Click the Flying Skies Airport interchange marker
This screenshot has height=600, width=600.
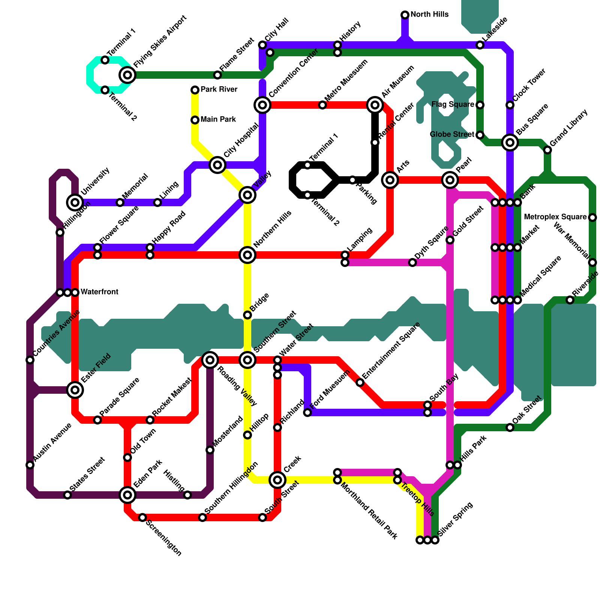point(127,75)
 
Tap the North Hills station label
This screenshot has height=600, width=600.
point(429,15)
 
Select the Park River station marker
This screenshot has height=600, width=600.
point(195,90)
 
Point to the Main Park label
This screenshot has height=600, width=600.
point(218,120)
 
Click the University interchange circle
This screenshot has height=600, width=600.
point(75,202)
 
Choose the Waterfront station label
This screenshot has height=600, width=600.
point(99,292)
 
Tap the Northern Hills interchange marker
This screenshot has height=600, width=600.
point(247,255)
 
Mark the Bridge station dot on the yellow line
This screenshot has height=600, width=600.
point(247,315)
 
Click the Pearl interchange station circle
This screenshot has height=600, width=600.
point(450,180)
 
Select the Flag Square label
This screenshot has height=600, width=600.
point(453,105)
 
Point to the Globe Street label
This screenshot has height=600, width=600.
point(452,135)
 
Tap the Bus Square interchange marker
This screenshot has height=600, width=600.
point(510,142)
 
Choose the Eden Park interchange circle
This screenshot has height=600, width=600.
point(127,495)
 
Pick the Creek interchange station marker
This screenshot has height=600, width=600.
point(277,480)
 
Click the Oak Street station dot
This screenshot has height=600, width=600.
point(510,427)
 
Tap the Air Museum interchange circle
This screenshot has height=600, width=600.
point(375,105)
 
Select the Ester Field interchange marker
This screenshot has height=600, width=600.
point(75,390)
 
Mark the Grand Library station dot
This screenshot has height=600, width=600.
point(547,150)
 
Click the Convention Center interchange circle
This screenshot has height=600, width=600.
point(262,105)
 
